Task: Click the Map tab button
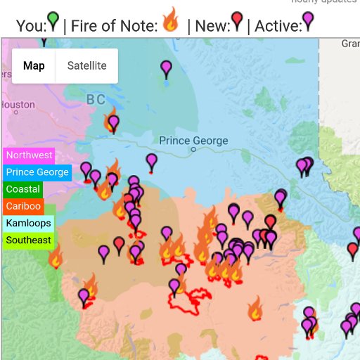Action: pos(34,66)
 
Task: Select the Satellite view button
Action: pos(87,66)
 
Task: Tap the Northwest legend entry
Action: pos(29,155)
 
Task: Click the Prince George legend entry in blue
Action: pos(37,172)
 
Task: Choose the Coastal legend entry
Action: pos(23,189)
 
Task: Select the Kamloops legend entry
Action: pos(28,224)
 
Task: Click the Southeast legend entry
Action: pos(29,240)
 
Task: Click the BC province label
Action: pos(96,99)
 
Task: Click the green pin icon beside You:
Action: pos(53,22)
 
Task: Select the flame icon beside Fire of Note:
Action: pos(170,20)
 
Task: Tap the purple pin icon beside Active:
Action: pos(307,22)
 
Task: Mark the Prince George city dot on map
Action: pos(193,149)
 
